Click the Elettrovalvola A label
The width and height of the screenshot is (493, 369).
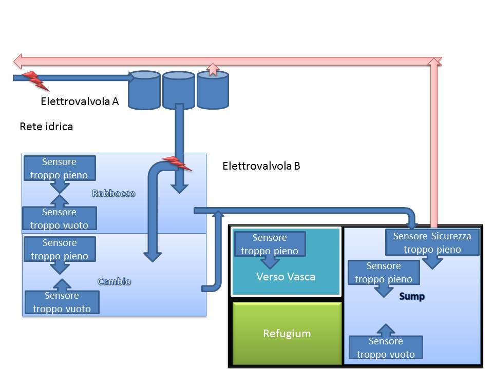80,101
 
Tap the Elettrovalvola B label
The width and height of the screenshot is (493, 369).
261,166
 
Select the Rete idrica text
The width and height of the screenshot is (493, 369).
46,126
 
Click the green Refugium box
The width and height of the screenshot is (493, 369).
287,334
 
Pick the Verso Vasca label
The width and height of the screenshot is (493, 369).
286,277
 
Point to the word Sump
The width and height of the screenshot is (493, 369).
412,297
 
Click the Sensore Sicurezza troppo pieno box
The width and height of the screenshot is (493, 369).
432,243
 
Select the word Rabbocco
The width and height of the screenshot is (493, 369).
113,194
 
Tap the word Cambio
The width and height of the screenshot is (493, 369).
114,281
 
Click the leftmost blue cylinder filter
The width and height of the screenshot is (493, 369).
144,90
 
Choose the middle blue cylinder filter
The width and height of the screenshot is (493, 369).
179,90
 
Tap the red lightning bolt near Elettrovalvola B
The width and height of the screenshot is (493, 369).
177,164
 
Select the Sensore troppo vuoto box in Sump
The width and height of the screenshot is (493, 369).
386,348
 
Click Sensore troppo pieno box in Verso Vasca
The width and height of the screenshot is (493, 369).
270,244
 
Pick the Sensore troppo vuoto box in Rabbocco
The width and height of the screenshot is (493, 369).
59,219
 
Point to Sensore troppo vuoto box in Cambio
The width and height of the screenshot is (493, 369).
62,302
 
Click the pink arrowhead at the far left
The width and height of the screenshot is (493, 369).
18,61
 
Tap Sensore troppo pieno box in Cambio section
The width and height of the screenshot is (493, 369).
59,250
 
